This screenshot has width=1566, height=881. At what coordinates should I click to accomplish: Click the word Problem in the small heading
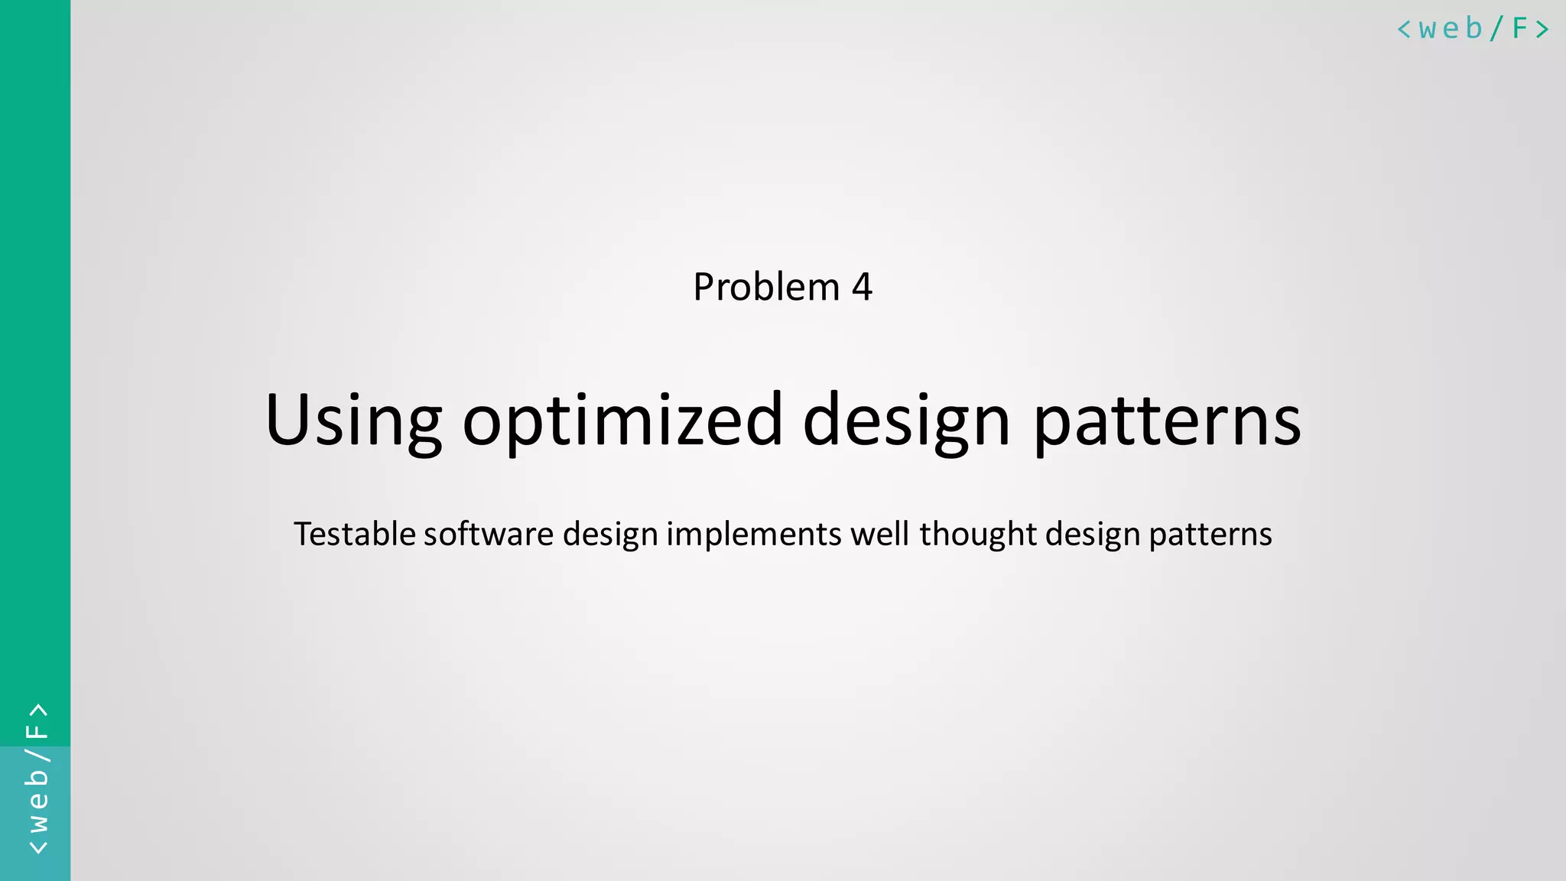click(766, 288)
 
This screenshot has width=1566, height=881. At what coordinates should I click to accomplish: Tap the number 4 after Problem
click(862, 288)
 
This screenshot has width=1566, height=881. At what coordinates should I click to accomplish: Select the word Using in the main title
click(353, 421)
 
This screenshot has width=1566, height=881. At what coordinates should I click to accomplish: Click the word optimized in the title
click(622, 421)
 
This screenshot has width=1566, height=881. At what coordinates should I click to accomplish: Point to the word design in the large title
click(906, 421)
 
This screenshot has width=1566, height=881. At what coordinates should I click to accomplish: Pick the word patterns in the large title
click(1167, 421)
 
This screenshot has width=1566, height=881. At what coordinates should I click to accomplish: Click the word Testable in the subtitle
click(355, 534)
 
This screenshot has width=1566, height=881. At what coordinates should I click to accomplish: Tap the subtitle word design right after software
click(610, 534)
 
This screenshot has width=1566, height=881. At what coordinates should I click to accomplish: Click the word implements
click(754, 534)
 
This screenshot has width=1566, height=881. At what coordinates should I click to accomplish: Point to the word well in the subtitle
click(879, 534)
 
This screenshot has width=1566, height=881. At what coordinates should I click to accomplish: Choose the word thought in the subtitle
click(978, 534)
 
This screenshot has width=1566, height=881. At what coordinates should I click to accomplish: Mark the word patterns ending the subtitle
click(1210, 534)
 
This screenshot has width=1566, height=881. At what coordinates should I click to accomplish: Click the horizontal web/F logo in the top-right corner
click(1473, 29)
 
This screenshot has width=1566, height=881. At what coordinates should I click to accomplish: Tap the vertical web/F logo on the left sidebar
click(37, 779)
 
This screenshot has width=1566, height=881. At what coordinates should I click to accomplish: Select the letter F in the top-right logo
click(1519, 29)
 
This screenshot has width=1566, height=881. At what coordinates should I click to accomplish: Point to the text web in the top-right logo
click(1451, 29)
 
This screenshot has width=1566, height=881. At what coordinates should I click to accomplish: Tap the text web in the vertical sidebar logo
click(37, 801)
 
